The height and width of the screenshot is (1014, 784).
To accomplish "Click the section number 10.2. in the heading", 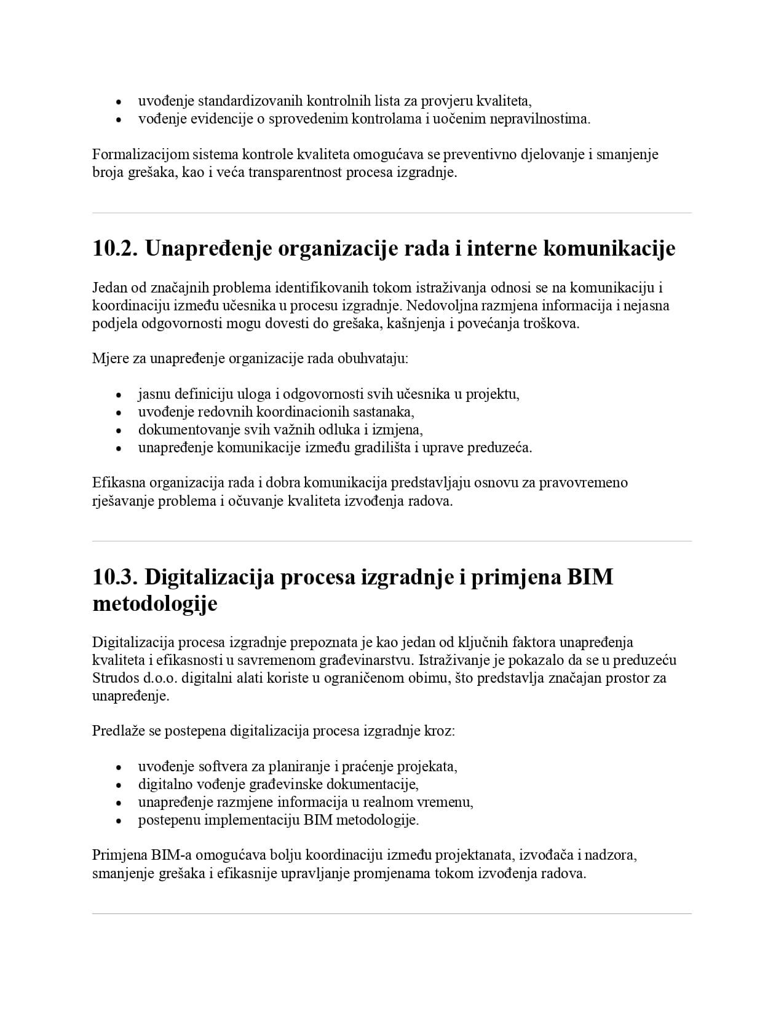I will coord(115,249).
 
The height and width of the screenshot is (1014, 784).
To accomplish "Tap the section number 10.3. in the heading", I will coord(115,578).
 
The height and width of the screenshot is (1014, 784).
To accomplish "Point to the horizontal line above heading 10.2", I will coord(392,213).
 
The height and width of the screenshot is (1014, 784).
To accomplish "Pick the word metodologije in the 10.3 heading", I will coord(155,603).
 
